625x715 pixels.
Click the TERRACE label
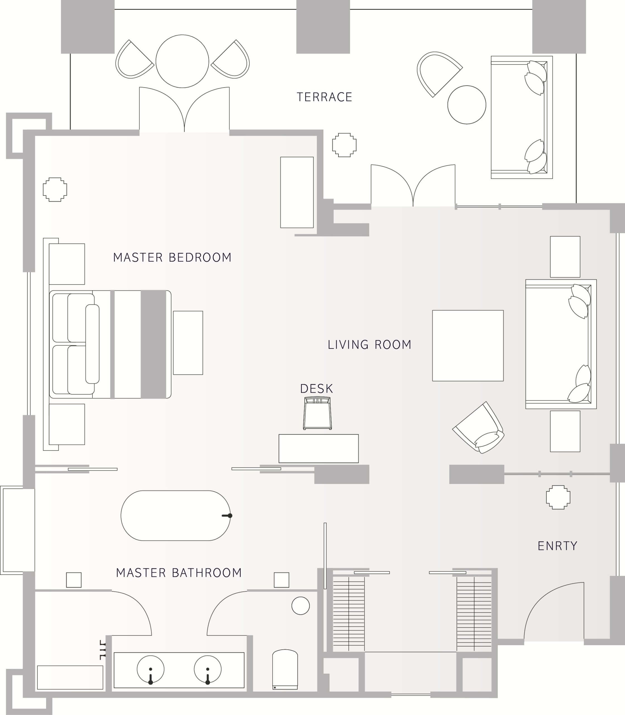pos(324,97)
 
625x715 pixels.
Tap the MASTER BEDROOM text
pos(172,258)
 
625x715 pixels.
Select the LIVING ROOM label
pos(369,345)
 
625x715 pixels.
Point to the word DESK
pos(316,389)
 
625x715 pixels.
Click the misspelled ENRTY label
pos(557,545)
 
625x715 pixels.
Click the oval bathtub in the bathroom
pos(176,516)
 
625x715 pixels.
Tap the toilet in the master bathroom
pos(285,669)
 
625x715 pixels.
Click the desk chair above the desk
pos(317,413)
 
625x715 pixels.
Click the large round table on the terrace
pos(182,61)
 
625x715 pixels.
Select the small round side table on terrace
pos(467,105)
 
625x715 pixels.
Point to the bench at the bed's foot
pos(188,343)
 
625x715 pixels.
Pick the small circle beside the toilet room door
pos(301,606)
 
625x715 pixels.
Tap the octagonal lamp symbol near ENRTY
pos(558,497)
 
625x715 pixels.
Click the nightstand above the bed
pos(67,264)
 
